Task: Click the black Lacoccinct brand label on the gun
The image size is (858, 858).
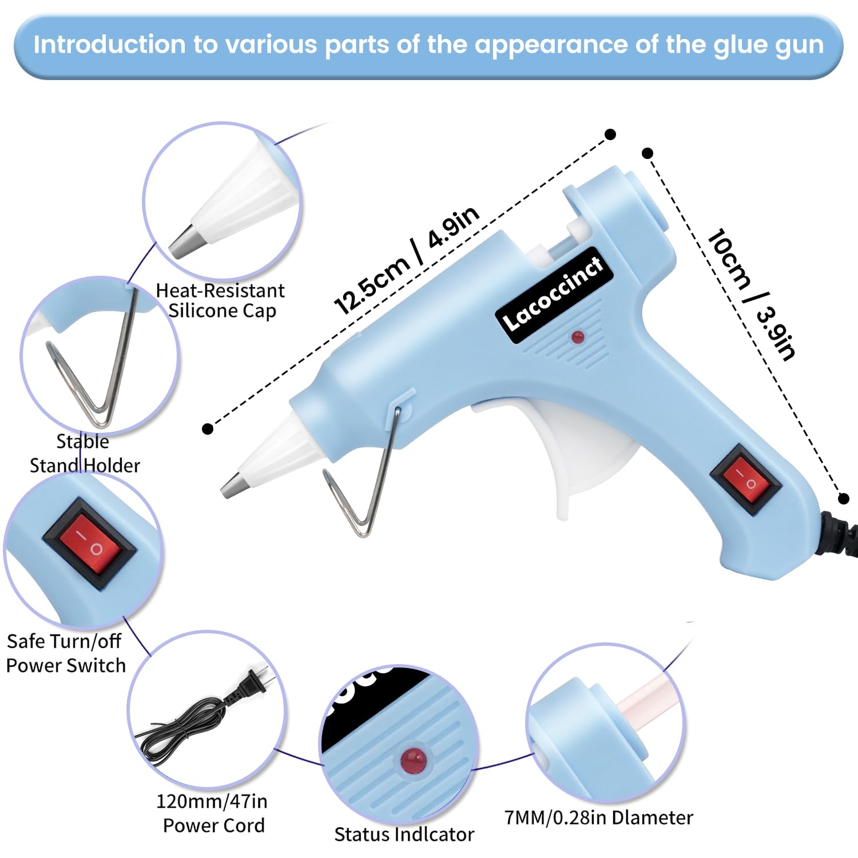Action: tap(554, 295)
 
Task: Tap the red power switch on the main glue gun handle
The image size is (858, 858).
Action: tap(745, 479)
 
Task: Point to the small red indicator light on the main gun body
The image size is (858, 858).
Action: tap(578, 337)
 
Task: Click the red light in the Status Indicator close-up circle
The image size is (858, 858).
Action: tap(413, 760)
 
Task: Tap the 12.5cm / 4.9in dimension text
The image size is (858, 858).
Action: tap(406, 260)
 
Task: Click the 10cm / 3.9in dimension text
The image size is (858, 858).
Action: tap(750, 294)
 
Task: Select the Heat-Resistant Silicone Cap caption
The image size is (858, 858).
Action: tap(221, 300)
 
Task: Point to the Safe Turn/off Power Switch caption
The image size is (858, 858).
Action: tap(66, 653)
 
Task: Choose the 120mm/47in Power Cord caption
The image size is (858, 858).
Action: tap(212, 813)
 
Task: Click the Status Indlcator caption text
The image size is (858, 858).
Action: tap(404, 834)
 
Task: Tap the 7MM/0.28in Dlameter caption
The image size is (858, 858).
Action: tap(598, 817)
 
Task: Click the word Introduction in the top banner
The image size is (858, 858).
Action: tap(109, 45)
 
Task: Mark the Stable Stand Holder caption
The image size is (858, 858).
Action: tap(85, 453)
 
